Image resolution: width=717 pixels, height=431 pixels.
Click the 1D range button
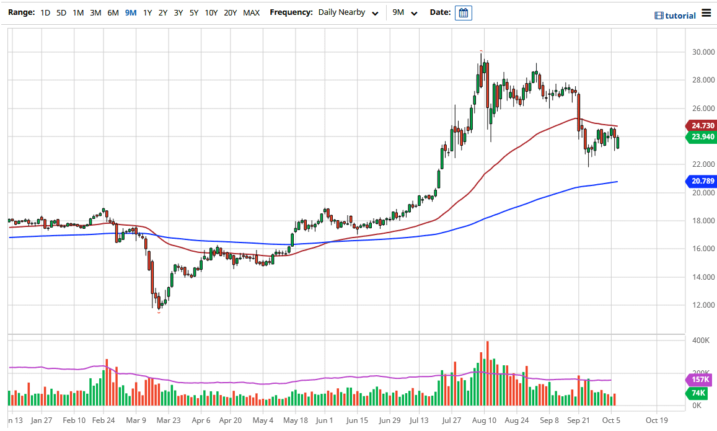pyautogui.click(x=45, y=12)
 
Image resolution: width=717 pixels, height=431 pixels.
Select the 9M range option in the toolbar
pyautogui.click(x=131, y=12)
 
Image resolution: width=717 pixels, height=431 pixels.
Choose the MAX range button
pyautogui.click(x=251, y=12)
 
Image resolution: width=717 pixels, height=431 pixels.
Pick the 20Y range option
pyautogui.click(x=230, y=12)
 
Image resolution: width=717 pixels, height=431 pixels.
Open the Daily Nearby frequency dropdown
pyautogui.click(x=348, y=12)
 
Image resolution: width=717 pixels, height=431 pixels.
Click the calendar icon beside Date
pyautogui.click(x=463, y=13)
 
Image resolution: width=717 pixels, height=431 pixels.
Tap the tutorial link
pyautogui.click(x=675, y=16)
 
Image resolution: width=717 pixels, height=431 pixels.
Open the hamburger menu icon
pyautogui.click(x=706, y=14)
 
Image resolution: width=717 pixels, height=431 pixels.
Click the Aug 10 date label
pyautogui.click(x=485, y=420)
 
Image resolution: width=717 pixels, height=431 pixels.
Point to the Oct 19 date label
pyautogui.click(x=657, y=420)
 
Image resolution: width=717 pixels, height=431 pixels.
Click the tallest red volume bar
pyautogui.click(x=488, y=373)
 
